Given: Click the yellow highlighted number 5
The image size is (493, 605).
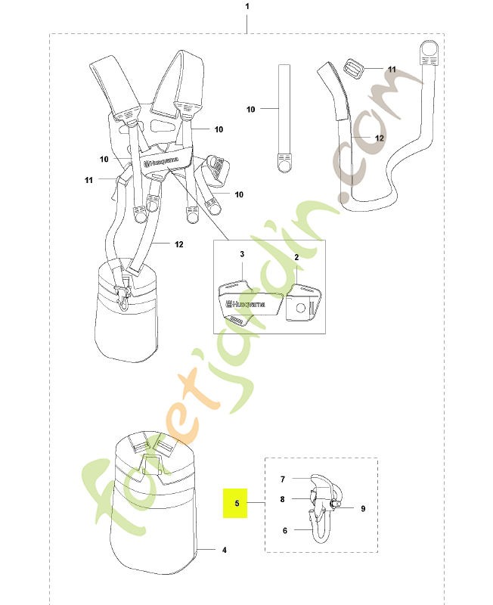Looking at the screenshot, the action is [237, 503].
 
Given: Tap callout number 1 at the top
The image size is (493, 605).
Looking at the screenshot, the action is [247, 7].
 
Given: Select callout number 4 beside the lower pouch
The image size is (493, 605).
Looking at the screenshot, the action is [225, 550].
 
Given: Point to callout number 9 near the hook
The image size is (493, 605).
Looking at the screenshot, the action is [363, 508].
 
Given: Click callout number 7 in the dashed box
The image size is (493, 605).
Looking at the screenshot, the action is [283, 479].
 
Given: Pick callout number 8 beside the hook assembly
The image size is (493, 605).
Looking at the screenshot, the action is [282, 499].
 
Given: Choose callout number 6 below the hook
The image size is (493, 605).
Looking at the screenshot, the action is [285, 531].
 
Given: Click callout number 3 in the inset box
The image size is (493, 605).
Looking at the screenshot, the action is [242, 254].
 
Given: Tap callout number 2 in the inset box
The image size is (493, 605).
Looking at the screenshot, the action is [296, 257].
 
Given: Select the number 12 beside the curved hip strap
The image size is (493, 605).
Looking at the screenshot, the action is [380, 138].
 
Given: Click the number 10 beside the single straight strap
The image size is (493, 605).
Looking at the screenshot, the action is [251, 109].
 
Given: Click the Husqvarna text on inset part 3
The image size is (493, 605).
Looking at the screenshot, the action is [246, 304].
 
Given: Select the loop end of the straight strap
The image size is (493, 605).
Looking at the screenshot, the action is [284, 163].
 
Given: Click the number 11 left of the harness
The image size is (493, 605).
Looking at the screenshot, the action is [88, 180].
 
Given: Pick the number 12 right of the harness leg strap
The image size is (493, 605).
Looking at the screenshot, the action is [179, 244].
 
